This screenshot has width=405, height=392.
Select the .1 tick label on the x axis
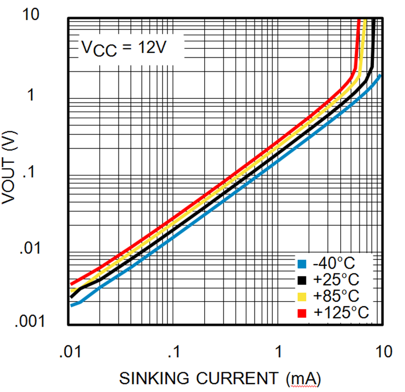[174, 350]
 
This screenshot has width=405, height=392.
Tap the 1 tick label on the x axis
[279, 350]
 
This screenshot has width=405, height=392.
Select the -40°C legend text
[336, 264]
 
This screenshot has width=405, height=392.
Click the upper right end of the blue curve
[381, 75]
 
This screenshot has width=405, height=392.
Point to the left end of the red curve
[71, 283]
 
